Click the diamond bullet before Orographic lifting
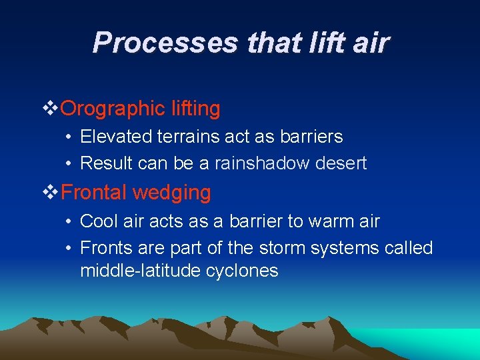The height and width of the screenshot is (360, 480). pyautogui.click(x=50, y=108)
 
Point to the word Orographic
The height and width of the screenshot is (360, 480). pyautogui.click(x=103, y=109)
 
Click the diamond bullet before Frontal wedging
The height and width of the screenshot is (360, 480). pyautogui.click(x=50, y=193)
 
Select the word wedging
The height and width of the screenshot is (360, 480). pyautogui.click(x=172, y=193)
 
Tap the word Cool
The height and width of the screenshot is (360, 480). pyautogui.click(x=99, y=221)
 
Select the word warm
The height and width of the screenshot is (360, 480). pyautogui.click(x=316, y=221)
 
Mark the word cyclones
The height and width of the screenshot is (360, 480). pyautogui.click(x=247, y=271)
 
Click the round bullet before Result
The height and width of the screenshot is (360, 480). pyautogui.click(x=69, y=163)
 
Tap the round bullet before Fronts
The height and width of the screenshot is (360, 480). pyautogui.click(x=69, y=248)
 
